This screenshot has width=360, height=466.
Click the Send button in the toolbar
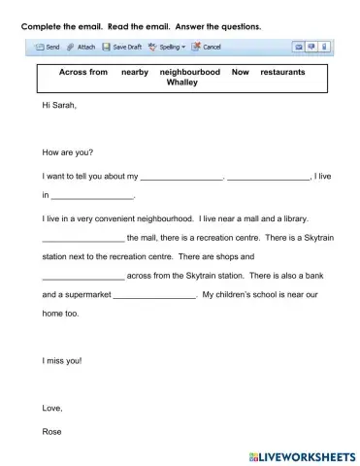pos(47,47)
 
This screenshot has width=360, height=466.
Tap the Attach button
pos(81,47)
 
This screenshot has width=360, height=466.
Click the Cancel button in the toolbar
pos(207,47)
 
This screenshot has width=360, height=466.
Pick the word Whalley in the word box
pos(181,83)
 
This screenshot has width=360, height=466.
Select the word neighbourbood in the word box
pos(190,72)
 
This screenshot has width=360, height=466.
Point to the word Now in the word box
pos(241,72)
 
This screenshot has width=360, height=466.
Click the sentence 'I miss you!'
pos(63,360)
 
